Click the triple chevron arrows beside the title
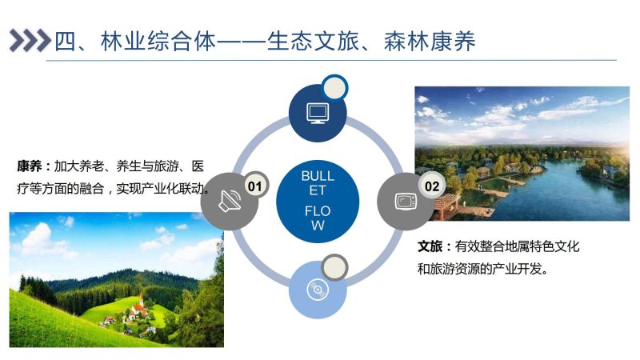(30, 41)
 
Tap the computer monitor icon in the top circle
(318, 114)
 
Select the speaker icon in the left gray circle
(230, 200)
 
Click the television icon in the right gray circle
(406, 201)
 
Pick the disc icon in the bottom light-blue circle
(318, 290)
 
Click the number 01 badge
(255, 186)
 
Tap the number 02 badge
(431, 186)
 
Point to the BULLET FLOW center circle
(318, 201)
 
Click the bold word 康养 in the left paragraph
(30, 166)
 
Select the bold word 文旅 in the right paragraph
(430, 246)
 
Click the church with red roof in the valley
(138, 308)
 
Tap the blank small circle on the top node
(334, 87)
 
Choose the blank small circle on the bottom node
(334, 268)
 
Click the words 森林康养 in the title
(430, 42)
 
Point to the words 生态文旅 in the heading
(313, 42)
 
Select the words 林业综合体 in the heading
(158, 42)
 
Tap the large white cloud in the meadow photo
(38, 239)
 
